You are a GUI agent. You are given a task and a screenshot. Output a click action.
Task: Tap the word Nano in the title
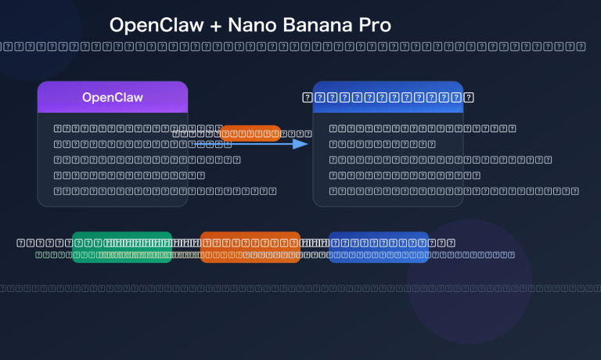252,25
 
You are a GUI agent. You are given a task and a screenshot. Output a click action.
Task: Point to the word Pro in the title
375,25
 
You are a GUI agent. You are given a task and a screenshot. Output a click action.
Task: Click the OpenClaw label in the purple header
113,98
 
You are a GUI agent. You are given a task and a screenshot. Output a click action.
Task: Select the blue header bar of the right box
388,97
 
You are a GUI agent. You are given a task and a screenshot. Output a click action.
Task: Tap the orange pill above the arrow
250,133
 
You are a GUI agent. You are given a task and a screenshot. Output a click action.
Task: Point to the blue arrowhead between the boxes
300,144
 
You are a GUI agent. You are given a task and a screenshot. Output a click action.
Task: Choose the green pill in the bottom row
122,247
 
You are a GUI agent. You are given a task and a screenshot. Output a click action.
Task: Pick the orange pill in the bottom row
250,247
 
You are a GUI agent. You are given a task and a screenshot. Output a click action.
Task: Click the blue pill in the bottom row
379,247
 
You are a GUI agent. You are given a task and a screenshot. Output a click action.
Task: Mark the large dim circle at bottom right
470,282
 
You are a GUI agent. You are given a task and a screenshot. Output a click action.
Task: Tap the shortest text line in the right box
382,144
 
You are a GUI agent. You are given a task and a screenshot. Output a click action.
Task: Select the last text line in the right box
453,191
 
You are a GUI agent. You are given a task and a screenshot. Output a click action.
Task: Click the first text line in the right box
423,128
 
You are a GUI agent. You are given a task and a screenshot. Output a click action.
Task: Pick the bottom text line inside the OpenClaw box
165,191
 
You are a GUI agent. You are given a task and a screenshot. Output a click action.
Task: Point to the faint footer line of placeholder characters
300,289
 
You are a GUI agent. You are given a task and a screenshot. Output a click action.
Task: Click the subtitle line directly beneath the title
300,46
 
